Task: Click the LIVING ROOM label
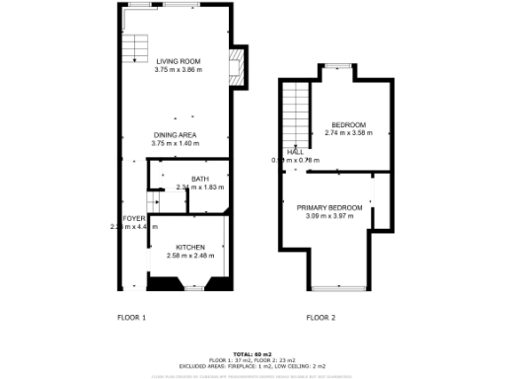click(178, 61)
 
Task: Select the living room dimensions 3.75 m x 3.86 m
click(178, 70)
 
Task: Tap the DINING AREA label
click(175, 134)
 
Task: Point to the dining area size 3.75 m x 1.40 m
click(175, 143)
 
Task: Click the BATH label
click(186, 178)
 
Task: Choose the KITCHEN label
click(190, 247)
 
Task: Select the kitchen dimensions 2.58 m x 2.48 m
click(190, 256)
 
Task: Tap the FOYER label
click(133, 217)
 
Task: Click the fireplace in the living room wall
click(236, 67)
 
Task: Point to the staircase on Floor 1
click(134, 48)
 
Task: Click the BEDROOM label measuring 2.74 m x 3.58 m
click(348, 123)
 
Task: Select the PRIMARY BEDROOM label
click(329, 207)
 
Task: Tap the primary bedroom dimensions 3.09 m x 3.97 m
click(329, 216)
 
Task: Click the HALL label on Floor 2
click(294, 151)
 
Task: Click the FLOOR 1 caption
click(131, 317)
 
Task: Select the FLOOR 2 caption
click(321, 317)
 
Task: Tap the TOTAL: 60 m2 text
click(252, 352)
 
